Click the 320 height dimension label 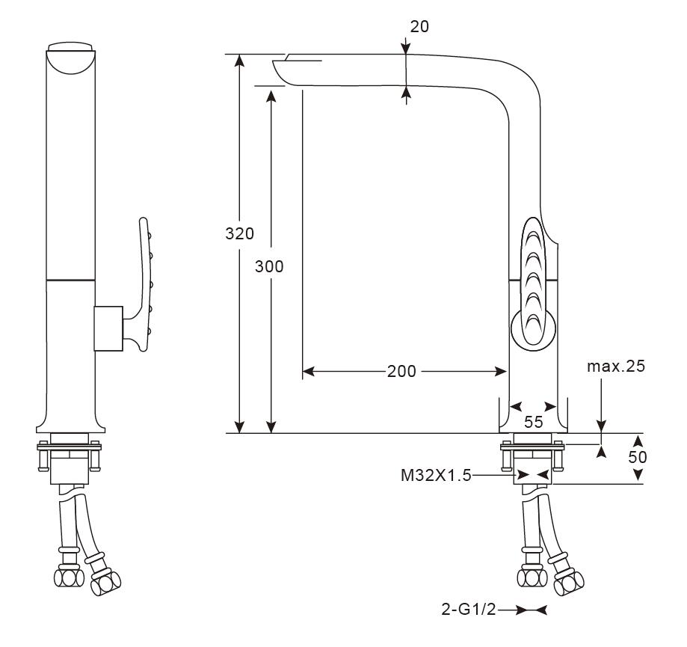(x=240, y=233)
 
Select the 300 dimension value (x=269, y=266)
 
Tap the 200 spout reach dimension (x=402, y=372)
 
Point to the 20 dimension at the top (x=419, y=27)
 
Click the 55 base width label (x=533, y=422)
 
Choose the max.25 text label (x=615, y=367)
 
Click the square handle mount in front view (x=108, y=328)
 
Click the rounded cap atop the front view (x=71, y=57)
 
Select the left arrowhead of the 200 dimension (x=308, y=372)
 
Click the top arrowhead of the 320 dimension (x=240, y=60)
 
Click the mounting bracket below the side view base (x=533, y=456)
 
